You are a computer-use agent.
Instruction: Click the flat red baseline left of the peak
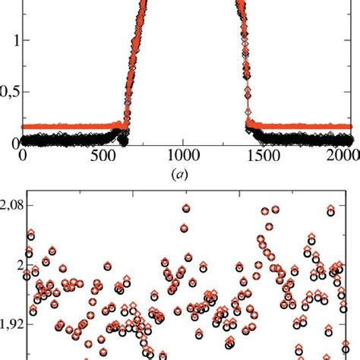pyautogui.click(x=68, y=127)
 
